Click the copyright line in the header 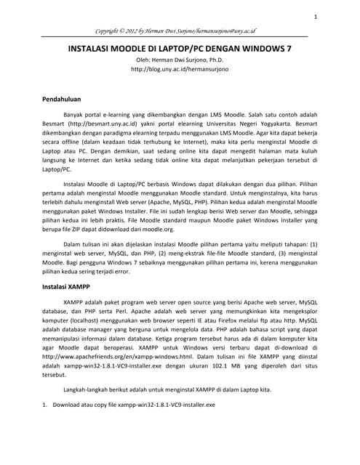[x=180, y=32]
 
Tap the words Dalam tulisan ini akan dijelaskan [x=112, y=245]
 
